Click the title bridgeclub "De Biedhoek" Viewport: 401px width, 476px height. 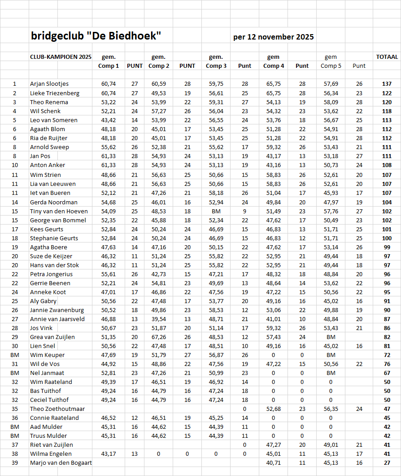coord(96,36)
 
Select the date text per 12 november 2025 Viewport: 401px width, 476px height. coord(273,37)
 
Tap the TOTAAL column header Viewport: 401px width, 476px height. coord(387,57)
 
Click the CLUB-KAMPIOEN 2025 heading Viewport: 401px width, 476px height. coord(61,57)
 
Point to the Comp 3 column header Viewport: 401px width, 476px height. coord(216,66)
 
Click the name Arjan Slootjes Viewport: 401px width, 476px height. coord(49,84)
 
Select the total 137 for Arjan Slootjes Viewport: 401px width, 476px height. coord(387,84)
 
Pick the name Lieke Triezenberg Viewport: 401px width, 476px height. coord(55,93)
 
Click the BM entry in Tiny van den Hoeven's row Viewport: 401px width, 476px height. coord(216,211)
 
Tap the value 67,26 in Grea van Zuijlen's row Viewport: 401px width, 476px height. coord(159,337)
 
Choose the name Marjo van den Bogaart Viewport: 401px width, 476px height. coord(61,463)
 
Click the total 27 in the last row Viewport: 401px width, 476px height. coord(387,463)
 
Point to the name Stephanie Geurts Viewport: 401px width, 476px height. coord(54,238)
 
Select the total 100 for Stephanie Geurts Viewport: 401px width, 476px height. coord(387,238)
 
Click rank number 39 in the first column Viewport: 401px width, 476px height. coord(14,463)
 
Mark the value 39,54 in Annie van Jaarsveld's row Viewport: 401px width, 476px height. coord(159,319)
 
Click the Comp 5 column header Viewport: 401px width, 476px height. coord(331,66)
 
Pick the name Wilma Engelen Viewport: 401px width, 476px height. coord(51,454)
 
